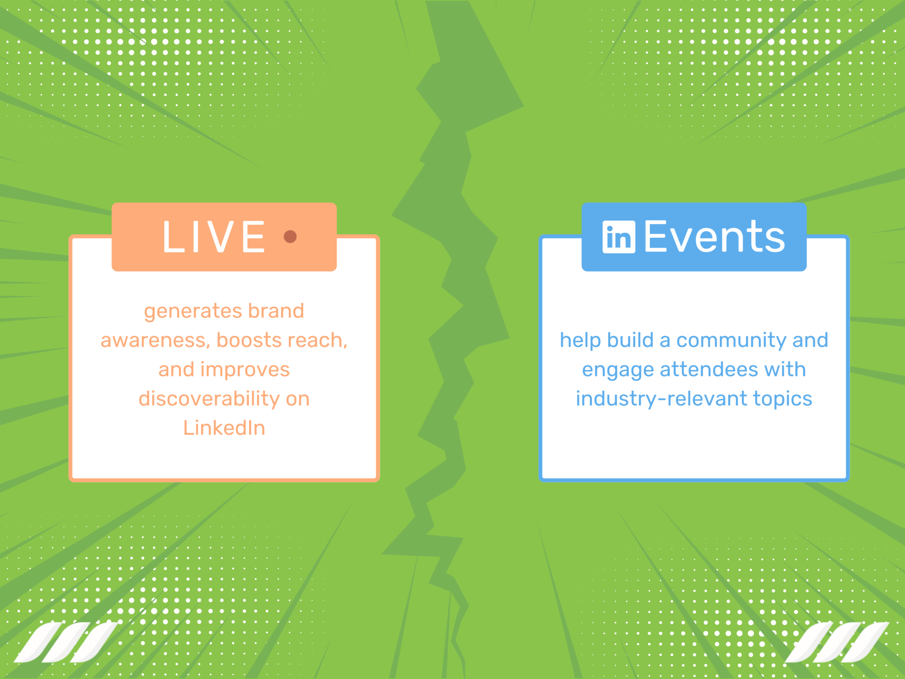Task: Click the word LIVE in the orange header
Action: tap(214, 237)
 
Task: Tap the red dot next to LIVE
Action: tap(290, 237)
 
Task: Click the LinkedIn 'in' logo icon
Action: tap(619, 237)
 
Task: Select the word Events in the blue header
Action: tap(715, 237)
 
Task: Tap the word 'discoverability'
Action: tap(209, 399)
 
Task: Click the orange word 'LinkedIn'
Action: tap(224, 428)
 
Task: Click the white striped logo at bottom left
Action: tap(66, 642)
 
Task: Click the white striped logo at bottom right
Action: tap(837, 642)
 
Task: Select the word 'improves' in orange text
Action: tap(251, 370)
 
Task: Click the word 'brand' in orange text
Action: tap(276, 311)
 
